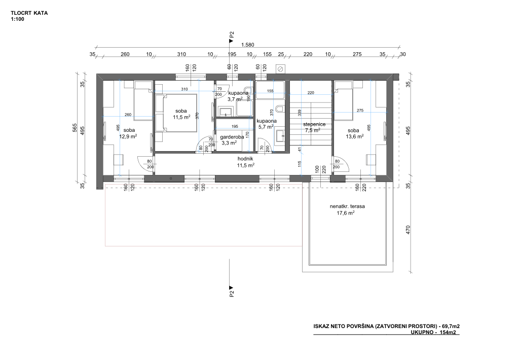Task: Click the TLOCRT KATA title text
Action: tap(29, 13)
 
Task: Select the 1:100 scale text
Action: tap(18, 19)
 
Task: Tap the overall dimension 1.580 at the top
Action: tap(247, 45)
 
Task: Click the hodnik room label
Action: tap(245, 159)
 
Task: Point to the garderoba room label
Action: tap(232, 137)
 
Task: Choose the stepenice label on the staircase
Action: tap(314, 124)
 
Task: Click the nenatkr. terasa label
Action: tap(347, 206)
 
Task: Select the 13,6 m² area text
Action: tap(355, 136)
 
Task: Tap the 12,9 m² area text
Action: tap(128, 136)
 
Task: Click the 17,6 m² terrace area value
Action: tap(346, 213)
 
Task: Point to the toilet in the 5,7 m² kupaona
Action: tap(280, 109)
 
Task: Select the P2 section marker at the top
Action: tap(231, 36)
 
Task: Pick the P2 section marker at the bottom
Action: tap(231, 291)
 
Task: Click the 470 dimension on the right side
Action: tap(408, 230)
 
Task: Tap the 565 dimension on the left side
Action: tap(75, 128)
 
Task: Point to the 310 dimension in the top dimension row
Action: tap(181, 54)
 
